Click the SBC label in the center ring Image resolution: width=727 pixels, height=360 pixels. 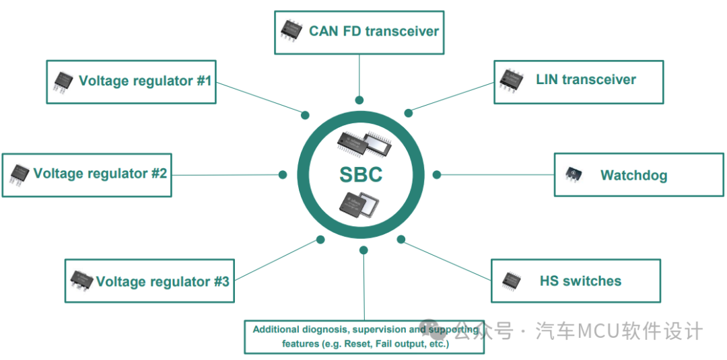click(360, 175)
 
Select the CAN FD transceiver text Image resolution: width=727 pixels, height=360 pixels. click(374, 31)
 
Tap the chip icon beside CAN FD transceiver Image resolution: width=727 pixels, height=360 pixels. click(291, 30)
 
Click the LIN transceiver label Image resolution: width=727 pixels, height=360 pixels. click(586, 79)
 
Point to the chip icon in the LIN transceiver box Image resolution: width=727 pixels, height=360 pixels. click(512, 79)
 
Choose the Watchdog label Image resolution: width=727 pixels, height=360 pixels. click(633, 176)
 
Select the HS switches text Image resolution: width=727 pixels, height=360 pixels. click(580, 281)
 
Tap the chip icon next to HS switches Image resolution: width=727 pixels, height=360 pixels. click(512, 279)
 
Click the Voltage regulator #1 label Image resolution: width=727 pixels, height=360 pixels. click(145, 81)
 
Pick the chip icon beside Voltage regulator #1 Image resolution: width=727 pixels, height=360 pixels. click(63, 81)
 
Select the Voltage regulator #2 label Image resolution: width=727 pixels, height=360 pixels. click(100, 174)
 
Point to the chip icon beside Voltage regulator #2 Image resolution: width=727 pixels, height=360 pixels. click(20, 174)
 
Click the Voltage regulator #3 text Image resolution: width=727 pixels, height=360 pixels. click(162, 281)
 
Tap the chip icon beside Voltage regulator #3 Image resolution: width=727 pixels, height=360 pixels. click(81, 281)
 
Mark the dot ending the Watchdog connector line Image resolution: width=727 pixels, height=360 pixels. click(437, 174)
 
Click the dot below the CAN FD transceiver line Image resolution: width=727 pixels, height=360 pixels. click(359, 100)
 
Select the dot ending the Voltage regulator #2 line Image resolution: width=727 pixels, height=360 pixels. click(283, 174)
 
